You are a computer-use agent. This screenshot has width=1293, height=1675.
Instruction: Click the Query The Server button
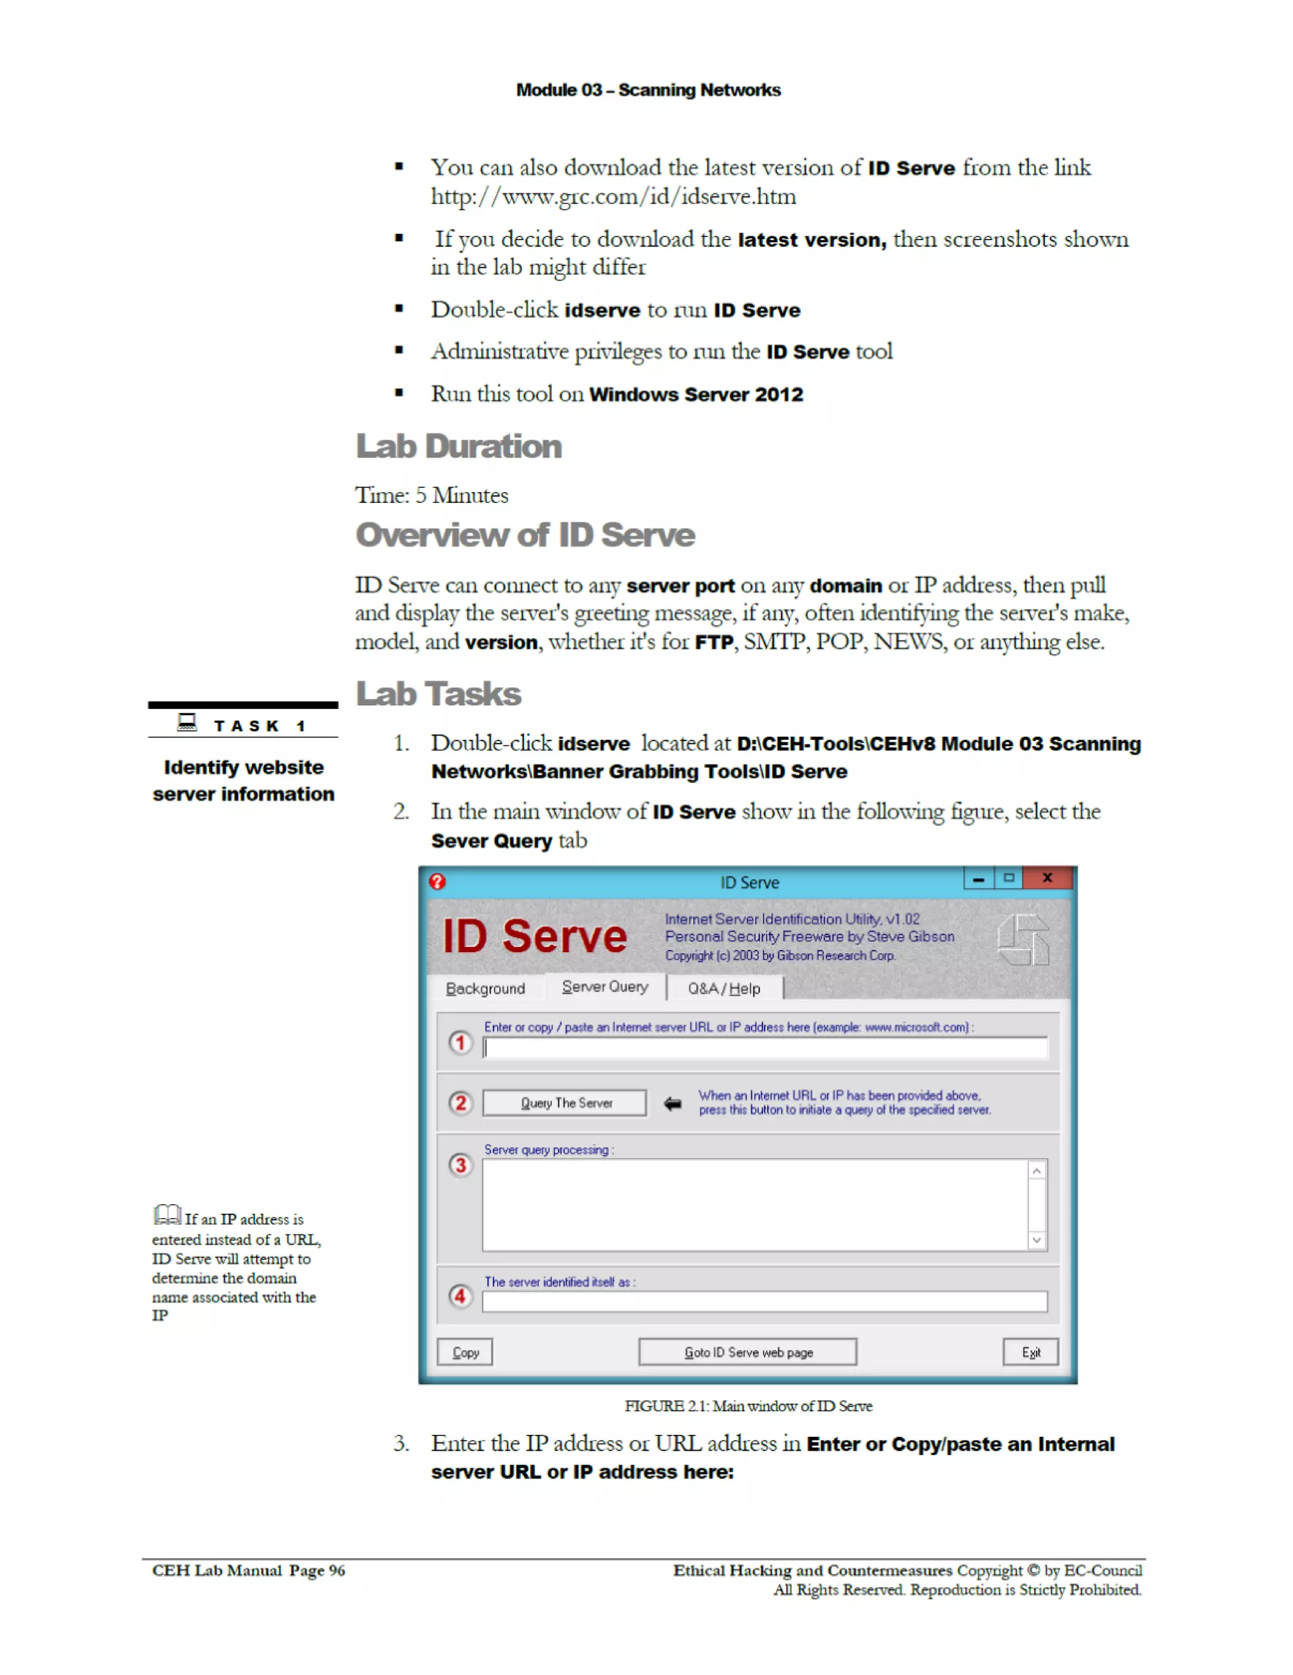coord(565,1103)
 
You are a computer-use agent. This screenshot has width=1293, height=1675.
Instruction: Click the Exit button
coord(1030,1352)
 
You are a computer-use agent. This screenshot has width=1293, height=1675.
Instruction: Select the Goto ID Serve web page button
coord(748,1352)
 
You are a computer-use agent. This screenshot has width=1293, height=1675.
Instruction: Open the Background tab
coord(485,989)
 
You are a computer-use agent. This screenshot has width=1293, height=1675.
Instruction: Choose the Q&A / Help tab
coord(724,989)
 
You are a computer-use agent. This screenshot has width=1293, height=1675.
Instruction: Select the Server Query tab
coord(605,987)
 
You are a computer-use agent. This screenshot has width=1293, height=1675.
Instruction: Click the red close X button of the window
coord(1047,878)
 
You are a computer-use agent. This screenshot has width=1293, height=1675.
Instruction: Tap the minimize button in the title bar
coord(978,879)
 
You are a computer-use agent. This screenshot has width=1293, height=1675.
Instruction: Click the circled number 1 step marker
coord(460,1043)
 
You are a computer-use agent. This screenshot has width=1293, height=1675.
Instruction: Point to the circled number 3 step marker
coord(460,1166)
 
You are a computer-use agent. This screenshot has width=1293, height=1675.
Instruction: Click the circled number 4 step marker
coord(460,1296)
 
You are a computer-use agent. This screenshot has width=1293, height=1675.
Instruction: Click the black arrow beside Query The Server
coord(672,1104)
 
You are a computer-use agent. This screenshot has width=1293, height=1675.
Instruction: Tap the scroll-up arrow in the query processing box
coord(1036,1170)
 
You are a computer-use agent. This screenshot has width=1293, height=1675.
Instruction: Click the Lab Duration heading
coord(458,446)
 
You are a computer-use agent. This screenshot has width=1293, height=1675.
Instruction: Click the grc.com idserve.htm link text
coord(613,197)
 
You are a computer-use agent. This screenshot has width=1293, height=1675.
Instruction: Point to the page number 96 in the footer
coord(337,1570)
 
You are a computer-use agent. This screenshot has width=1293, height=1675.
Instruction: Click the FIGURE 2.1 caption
coord(748,1406)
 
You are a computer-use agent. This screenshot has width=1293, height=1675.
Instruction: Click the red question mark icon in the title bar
coord(437,881)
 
